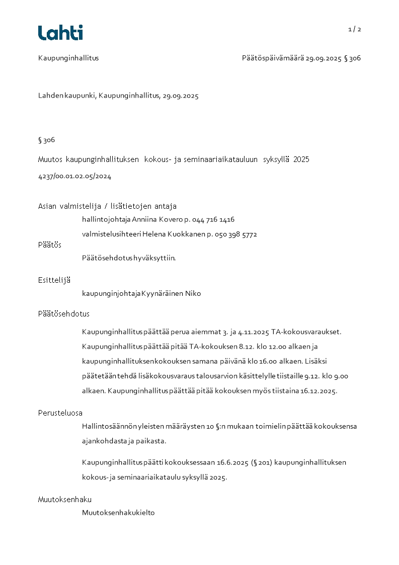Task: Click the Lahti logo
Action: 60,33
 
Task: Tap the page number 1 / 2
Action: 355,29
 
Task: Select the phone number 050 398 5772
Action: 236,234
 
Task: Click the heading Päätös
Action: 50,245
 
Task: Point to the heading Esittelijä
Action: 54,280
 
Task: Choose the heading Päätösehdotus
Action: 63,314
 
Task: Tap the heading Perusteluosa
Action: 60,413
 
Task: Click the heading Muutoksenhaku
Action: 64,500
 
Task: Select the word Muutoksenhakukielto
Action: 118,513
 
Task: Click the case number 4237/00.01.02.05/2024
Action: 74,177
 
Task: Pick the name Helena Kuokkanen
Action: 174,234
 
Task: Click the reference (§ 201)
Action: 263,462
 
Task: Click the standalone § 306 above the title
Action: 46,140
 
